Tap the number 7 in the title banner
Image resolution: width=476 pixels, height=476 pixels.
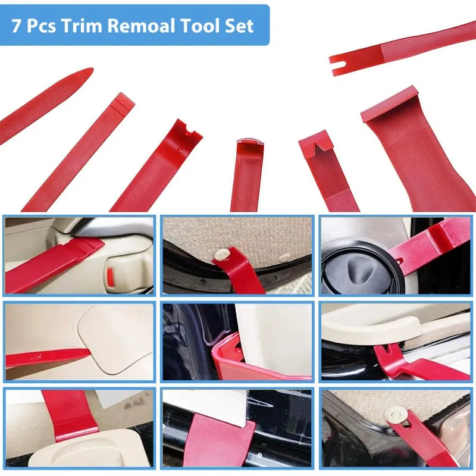coord(17,26)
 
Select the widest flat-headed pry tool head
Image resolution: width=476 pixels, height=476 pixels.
coord(390,104)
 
